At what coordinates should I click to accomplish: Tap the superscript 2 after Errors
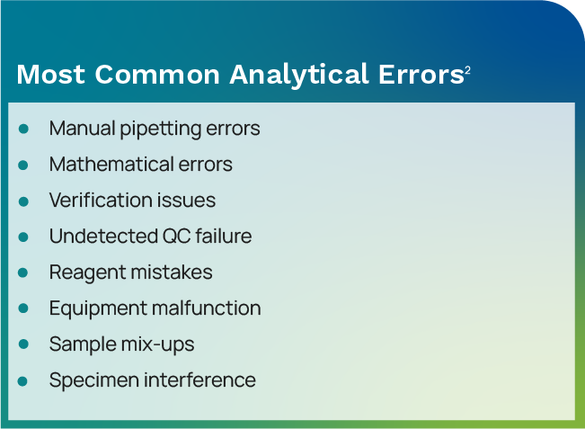pos(468,70)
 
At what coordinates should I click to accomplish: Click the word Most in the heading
pos(50,75)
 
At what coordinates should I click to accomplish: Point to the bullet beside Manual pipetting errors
pos(24,129)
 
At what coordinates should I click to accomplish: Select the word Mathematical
pos(101,165)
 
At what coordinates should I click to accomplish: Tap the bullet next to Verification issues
pos(24,201)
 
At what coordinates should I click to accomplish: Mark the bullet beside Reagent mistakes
pos(24,273)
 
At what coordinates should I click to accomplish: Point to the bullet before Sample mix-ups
pos(24,344)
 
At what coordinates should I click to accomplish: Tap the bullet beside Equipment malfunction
pos(24,308)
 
